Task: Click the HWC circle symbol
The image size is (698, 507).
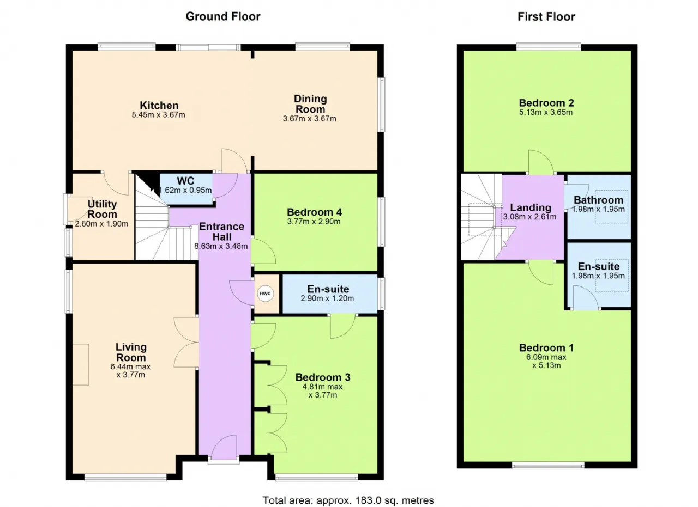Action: pos(265,294)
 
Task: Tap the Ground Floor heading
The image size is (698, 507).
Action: pos(223,16)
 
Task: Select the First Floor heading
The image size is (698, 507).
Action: pos(546,16)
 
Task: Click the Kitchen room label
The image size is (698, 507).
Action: pos(159,106)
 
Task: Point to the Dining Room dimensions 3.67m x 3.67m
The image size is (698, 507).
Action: pos(309,119)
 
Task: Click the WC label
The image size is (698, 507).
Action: pos(185,181)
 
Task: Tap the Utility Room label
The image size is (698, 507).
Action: pos(102,209)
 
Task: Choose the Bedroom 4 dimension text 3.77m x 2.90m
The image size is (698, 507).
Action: pos(314,222)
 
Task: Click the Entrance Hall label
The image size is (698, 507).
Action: pos(221,231)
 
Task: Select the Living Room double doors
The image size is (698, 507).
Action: pos(186,343)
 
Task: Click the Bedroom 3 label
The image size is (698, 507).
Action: pos(323,377)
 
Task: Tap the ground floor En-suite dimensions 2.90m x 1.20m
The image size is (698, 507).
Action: pos(327,298)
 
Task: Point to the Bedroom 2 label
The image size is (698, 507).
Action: pos(546,103)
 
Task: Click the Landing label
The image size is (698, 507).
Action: pos(531,207)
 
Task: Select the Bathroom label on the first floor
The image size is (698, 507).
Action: pos(599,200)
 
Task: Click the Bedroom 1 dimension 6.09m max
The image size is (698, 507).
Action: pos(546,357)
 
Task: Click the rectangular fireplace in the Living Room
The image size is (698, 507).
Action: pos(81,364)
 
